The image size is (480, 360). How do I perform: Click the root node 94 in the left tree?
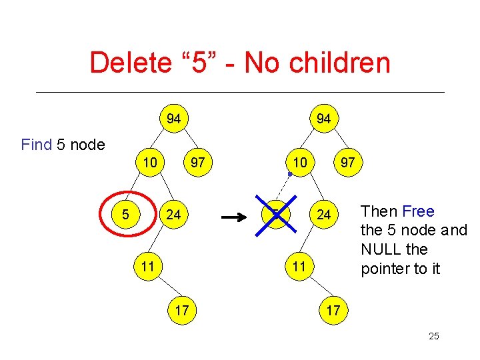point(173,119)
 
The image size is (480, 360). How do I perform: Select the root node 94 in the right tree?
point(323,119)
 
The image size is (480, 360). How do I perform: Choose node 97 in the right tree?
point(347,162)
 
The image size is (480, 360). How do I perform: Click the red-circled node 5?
point(125,215)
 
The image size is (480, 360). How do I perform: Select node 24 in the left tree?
point(173,215)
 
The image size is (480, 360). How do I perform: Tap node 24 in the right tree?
point(323,215)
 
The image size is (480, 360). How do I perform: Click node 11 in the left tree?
point(148,267)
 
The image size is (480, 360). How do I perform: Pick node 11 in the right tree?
point(298,267)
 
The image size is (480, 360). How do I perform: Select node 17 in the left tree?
point(181,310)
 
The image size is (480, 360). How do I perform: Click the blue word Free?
point(418,211)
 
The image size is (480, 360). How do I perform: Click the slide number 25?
point(434,336)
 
